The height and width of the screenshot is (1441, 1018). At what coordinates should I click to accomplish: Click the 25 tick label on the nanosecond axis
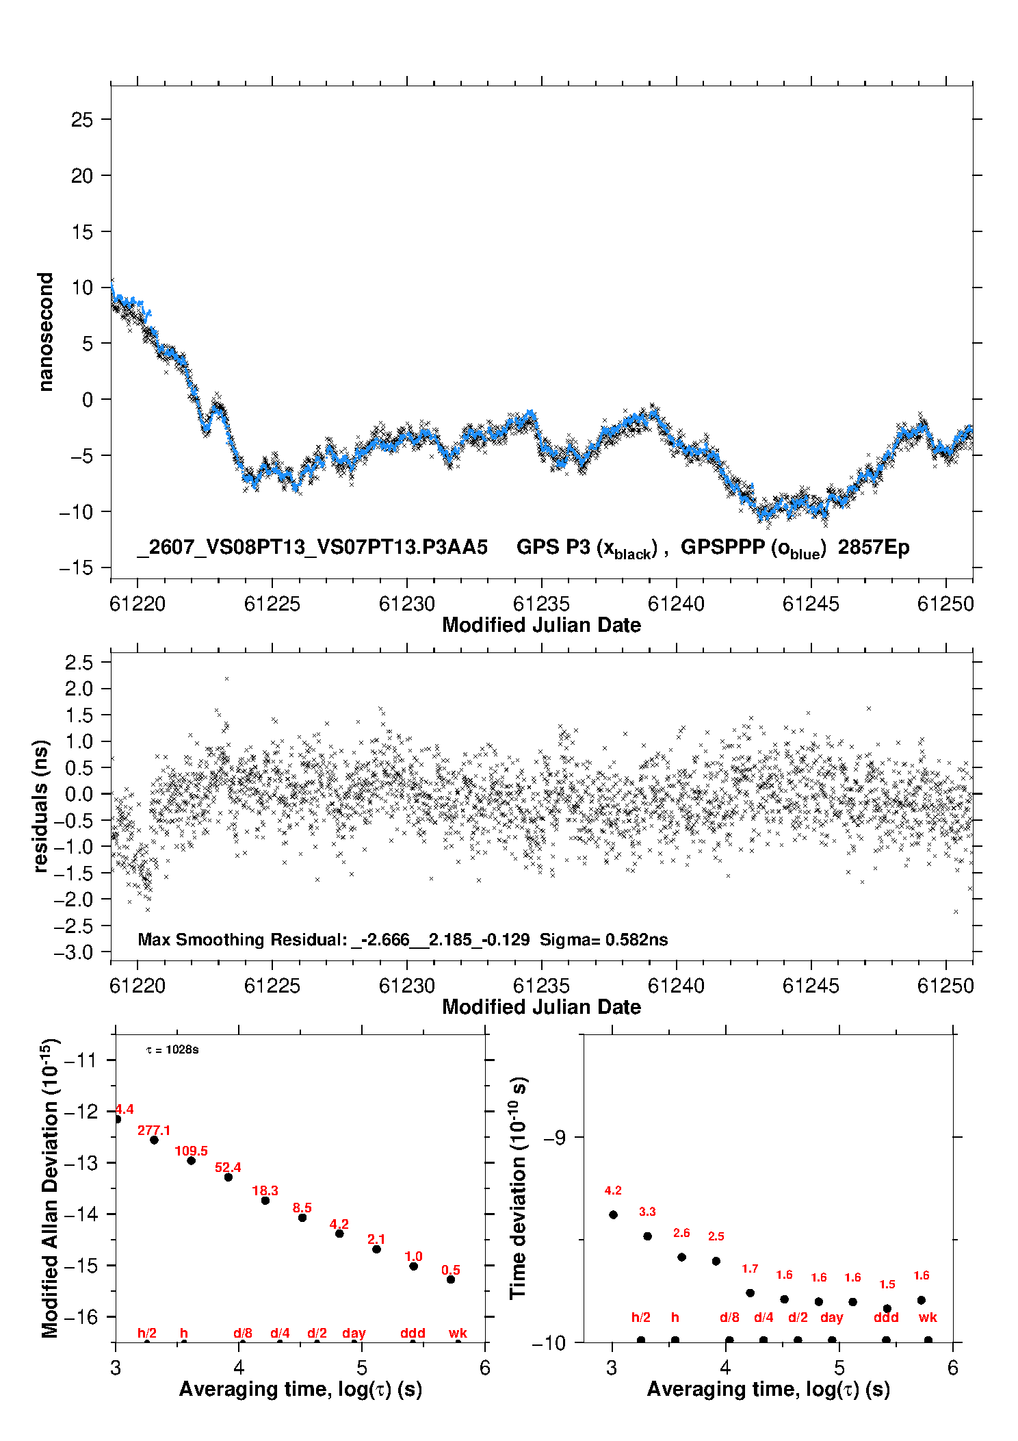point(82,120)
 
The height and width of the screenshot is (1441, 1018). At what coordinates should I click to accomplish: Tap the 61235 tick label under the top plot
point(541,604)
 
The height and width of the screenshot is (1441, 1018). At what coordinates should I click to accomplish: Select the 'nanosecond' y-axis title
point(46,332)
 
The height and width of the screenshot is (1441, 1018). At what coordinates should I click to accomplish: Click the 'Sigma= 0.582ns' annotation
point(603,939)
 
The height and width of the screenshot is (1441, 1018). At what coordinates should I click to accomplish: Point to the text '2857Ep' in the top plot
point(874,548)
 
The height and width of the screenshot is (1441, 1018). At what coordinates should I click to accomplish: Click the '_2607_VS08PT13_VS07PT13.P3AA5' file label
point(313,548)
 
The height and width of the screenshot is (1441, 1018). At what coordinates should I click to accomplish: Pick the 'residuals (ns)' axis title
point(41,806)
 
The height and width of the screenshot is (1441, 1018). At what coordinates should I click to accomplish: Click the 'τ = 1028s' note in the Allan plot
point(172,1049)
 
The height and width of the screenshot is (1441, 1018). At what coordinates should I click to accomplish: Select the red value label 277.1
point(154,1130)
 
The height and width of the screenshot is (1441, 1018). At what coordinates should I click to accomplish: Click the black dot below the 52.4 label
point(229,1177)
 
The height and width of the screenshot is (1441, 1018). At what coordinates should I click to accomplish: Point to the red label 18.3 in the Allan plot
point(265,1190)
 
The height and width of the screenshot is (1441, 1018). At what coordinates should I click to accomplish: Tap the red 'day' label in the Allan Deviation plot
point(354,1333)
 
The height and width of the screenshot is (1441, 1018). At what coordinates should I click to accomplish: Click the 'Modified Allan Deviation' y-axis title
point(50,1188)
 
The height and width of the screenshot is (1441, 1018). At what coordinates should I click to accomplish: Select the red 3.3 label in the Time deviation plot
point(647,1212)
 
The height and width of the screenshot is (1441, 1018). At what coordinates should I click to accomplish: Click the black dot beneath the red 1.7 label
point(751,1293)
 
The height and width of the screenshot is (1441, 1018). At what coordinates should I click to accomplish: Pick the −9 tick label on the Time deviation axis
point(555,1138)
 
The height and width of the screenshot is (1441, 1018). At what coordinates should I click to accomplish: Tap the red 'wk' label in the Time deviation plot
point(928,1317)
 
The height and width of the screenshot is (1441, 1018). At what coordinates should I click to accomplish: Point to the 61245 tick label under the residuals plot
point(811,986)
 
